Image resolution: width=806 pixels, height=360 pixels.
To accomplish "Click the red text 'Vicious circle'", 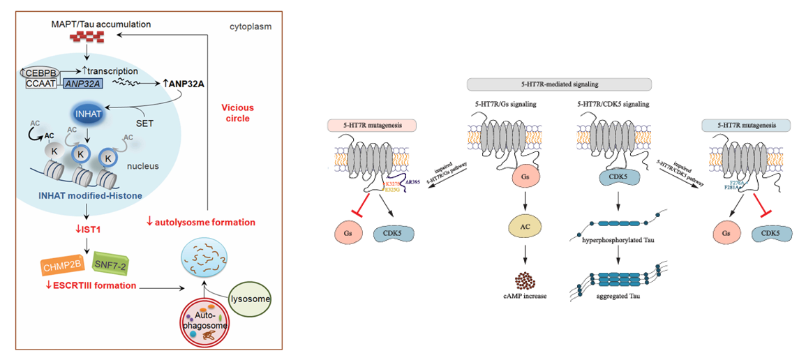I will (237, 113).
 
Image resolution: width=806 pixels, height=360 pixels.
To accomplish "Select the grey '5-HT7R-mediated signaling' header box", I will (559, 84).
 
